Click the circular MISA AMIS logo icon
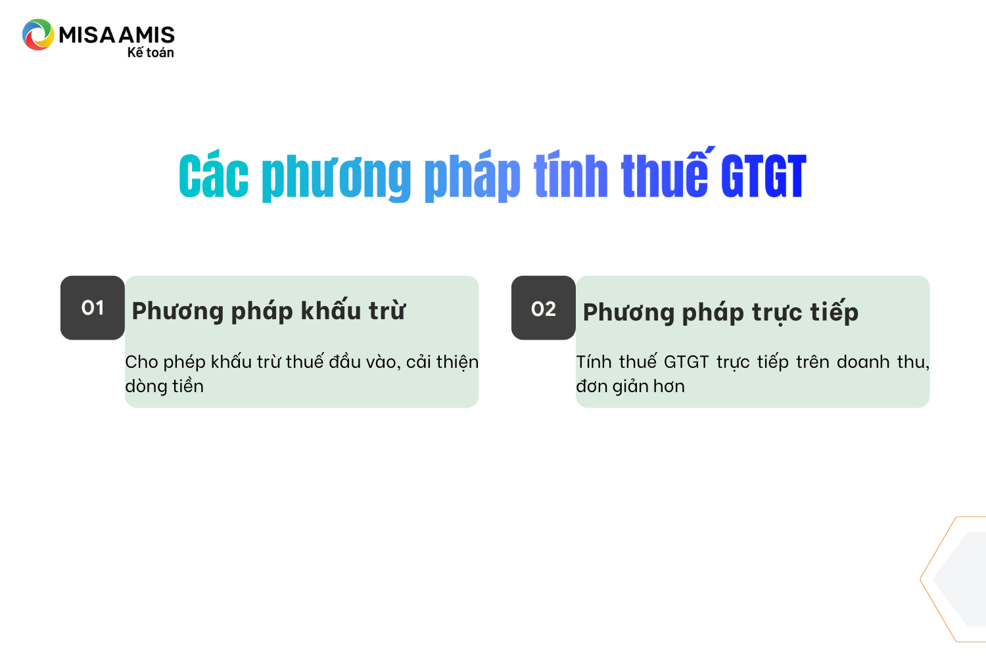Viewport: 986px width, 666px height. (x=38, y=34)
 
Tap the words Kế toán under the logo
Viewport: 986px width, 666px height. (x=151, y=53)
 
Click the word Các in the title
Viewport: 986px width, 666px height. (x=214, y=176)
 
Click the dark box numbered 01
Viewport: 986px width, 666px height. (x=93, y=307)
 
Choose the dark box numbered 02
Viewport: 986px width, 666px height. (x=543, y=307)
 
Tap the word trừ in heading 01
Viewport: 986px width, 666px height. (x=387, y=311)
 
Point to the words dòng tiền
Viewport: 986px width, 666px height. (x=164, y=386)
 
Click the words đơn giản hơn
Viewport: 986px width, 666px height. (x=630, y=386)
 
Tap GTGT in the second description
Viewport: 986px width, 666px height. (x=686, y=362)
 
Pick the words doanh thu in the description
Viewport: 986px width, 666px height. (x=883, y=362)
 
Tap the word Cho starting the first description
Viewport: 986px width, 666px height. (x=141, y=362)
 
